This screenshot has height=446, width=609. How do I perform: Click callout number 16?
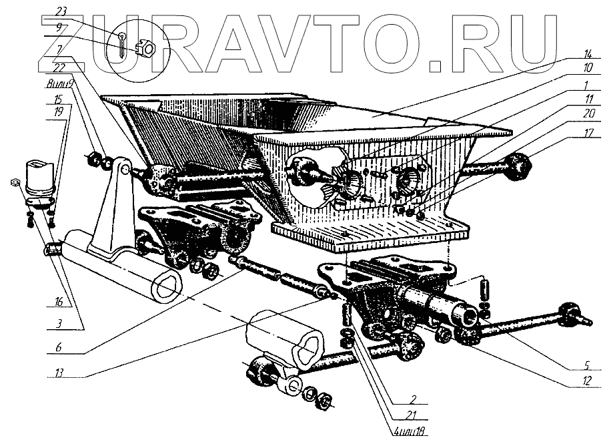[x=59, y=302]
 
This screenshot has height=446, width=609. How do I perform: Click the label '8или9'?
[x=55, y=85]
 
